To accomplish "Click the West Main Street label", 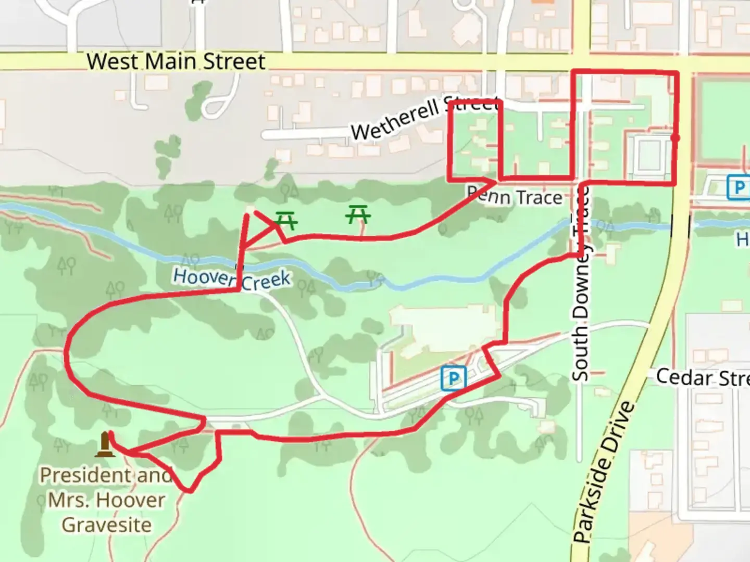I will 176,61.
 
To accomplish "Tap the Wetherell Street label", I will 424,117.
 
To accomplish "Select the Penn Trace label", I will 515,197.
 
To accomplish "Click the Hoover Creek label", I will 231,278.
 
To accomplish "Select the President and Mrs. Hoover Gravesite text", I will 106,500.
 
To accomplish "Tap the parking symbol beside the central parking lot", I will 453,378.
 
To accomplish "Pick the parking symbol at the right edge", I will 737,187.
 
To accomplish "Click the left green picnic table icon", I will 286,220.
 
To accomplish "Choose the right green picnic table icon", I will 358,214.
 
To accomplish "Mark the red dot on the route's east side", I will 676,138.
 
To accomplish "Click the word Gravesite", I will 106,525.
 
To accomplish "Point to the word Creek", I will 265,281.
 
